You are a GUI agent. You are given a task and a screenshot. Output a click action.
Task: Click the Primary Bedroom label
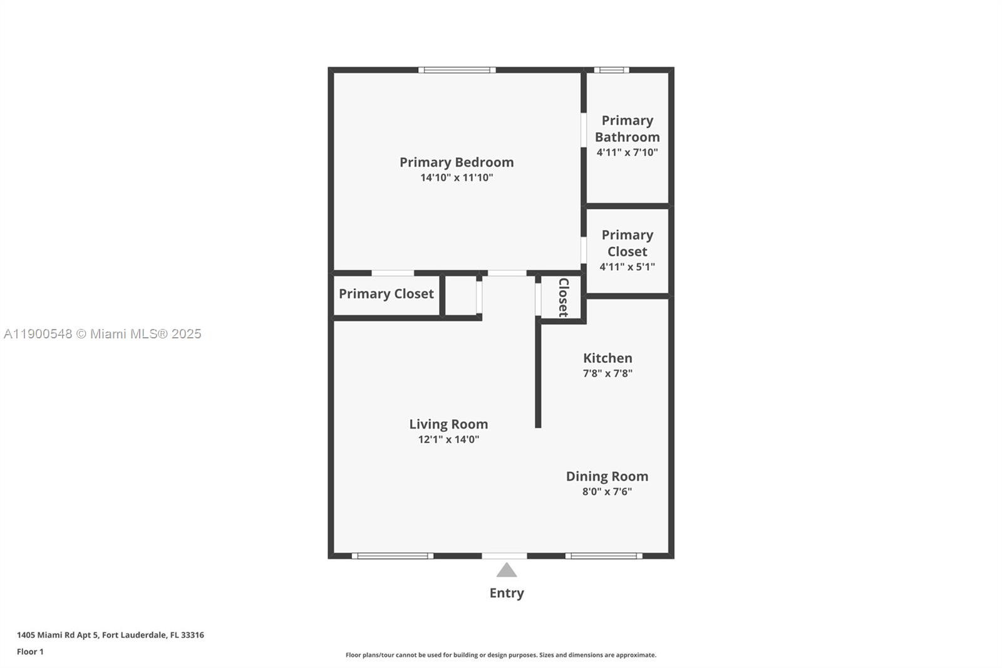click(x=457, y=162)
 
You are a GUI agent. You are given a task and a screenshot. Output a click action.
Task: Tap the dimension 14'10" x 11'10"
click(x=457, y=177)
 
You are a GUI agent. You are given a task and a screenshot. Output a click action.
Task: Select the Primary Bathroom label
click(x=627, y=128)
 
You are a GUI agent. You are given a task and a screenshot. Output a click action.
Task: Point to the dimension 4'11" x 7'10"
click(x=627, y=152)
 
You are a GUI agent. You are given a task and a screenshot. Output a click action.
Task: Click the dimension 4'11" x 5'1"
click(x=627, y=267)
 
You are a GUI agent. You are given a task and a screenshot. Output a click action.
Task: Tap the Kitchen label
click(x=607, y=358)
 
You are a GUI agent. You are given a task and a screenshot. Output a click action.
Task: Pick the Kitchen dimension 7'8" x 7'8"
click(x=607, y=373)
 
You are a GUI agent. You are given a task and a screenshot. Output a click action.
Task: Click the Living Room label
click(x=448, y=424)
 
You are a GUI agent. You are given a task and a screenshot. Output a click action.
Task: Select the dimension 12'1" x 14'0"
click(x=448, y=439)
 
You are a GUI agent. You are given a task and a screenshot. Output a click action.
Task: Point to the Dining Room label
click(x=607, y=476)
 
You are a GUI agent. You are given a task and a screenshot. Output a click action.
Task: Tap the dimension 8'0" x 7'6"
click(x=607, y=491)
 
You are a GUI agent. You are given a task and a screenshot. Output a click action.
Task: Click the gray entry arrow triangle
click(x=507, y=570)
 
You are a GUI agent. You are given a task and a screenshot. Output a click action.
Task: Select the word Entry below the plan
click(x=507, y=593)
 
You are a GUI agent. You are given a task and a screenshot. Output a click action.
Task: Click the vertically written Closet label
click(x=564, y=297)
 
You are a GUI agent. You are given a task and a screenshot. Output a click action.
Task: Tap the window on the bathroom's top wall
click(x=611, y=70)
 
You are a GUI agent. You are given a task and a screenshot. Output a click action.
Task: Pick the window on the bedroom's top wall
click(x=457, y=70)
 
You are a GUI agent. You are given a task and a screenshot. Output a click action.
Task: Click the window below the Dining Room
click(x=604, y=556)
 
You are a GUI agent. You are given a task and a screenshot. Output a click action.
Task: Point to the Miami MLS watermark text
click(x=103, y=334)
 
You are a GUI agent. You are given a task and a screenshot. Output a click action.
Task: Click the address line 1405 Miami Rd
click(x=110, y=635)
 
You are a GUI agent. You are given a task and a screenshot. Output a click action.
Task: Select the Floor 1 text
click(x=31, y=652)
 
